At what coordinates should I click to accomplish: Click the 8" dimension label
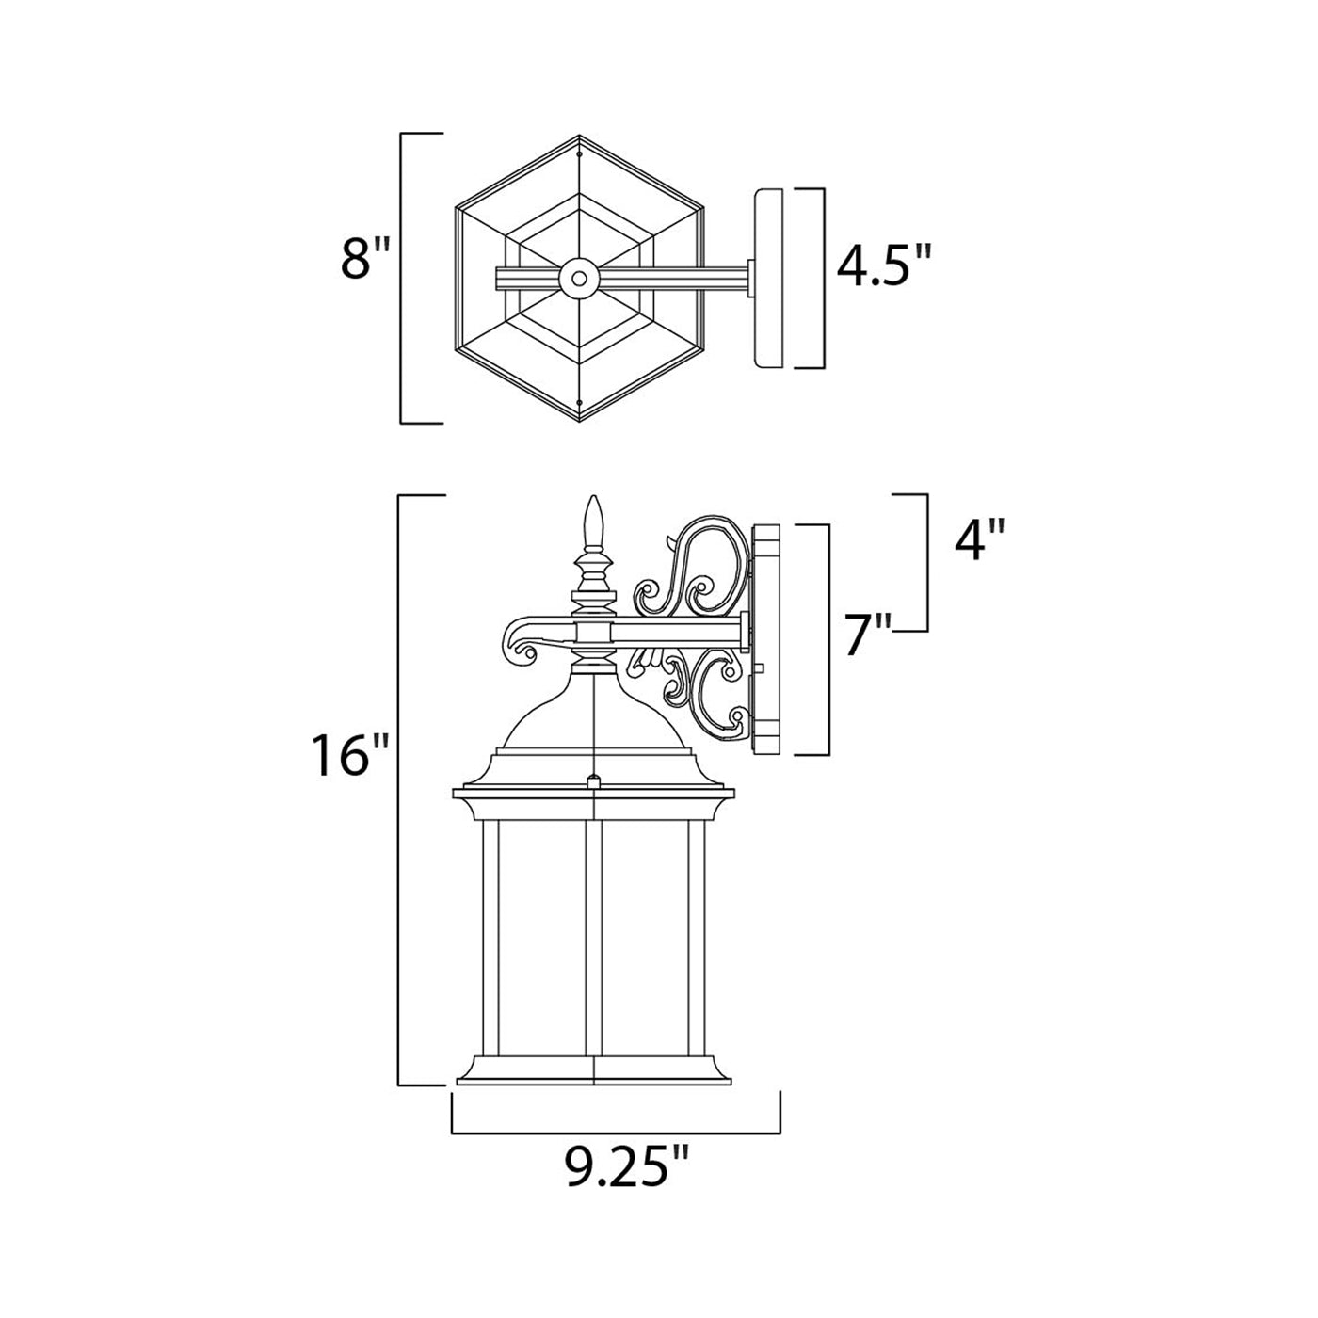[x=364, y=259]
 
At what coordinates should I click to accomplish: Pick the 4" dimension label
[x=979, y=542]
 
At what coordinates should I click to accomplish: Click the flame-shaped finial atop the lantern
[x=592, y=522]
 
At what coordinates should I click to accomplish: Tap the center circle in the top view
[x=577, y=278]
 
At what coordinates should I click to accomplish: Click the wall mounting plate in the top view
[x=769, y=278]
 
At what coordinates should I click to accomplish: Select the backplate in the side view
[x=766, y=638]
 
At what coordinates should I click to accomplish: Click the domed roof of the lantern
[x=593, y=720]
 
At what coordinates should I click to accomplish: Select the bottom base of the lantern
[x=594, y=1069]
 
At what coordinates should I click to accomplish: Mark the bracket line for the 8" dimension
[x=403, y=278]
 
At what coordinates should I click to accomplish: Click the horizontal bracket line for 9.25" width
[x=617, y=1133]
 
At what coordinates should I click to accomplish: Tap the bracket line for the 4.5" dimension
[x=824, y=278]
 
